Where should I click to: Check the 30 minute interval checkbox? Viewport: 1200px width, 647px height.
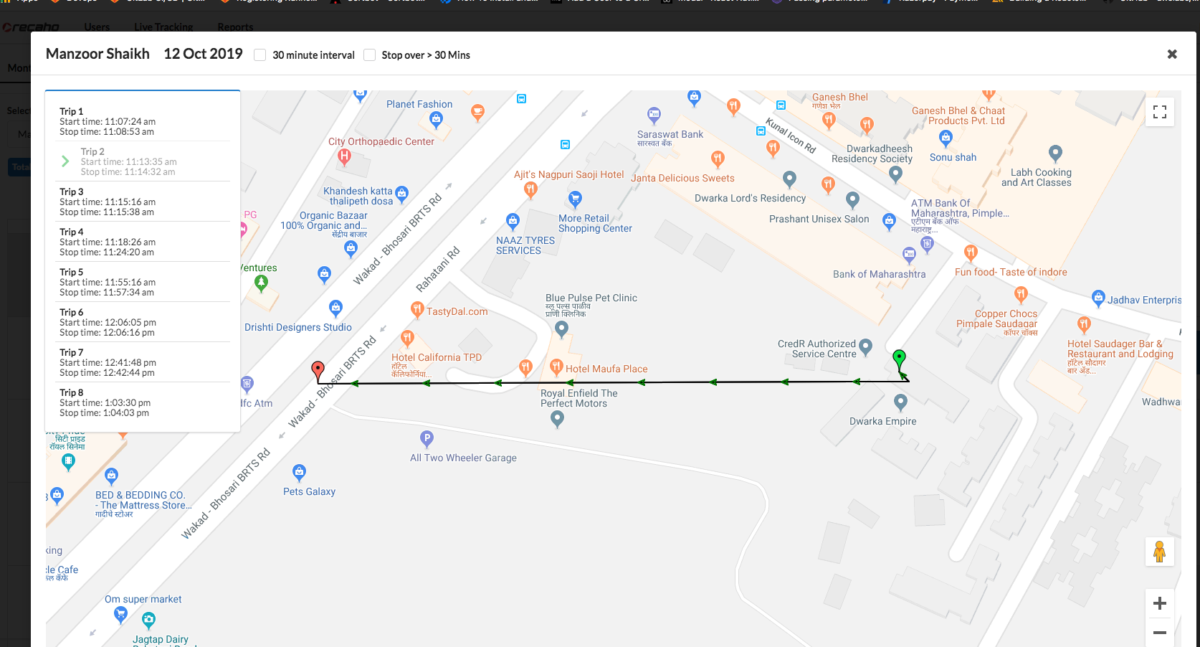[x=260, y=55]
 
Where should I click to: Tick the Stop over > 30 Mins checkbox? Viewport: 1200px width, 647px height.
[x=370, y=55]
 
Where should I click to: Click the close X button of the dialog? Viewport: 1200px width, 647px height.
[x=1172, y=55]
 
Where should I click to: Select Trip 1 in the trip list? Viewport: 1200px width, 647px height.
[x=108, y=121]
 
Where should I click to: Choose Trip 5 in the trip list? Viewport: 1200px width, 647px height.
[x=108, y=282]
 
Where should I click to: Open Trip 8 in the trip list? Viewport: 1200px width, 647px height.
[x=108, y=402]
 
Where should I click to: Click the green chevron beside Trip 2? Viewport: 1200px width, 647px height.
[x=65, y=161]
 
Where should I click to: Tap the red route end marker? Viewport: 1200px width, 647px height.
[x=318, y=370]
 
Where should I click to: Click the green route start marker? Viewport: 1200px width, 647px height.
[x=899, y=358]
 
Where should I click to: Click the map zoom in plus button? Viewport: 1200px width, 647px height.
[x=1159, y=603]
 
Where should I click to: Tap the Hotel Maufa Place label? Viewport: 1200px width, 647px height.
[x=606, y=369]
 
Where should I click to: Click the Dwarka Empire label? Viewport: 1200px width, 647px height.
[x=882, y=421]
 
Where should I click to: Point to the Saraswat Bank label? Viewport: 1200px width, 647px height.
[x=670, y=134]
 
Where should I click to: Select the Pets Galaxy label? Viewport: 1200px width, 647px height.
[x=309, y=491]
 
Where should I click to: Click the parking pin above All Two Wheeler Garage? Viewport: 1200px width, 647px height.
[x=427, y=438]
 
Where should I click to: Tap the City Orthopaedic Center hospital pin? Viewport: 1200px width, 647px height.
[x=344, y=156]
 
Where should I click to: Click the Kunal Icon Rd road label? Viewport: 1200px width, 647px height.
[x=791, y=136]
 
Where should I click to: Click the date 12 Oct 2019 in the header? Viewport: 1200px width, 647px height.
[x=203, y=54]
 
